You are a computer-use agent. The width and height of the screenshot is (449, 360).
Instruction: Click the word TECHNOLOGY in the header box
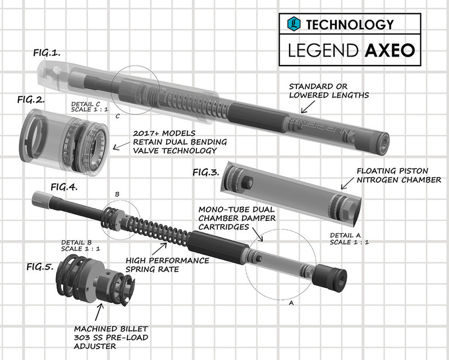(x=349, y=24)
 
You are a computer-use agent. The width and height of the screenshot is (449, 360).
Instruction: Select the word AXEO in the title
(x=389, y=51)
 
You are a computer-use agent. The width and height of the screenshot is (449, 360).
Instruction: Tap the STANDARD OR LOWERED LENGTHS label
(x=328, y=91)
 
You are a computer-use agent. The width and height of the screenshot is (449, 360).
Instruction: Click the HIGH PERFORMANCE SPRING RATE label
(x=167, y=265)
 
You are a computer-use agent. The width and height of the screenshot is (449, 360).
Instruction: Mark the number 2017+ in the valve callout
(x=148, y=135)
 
